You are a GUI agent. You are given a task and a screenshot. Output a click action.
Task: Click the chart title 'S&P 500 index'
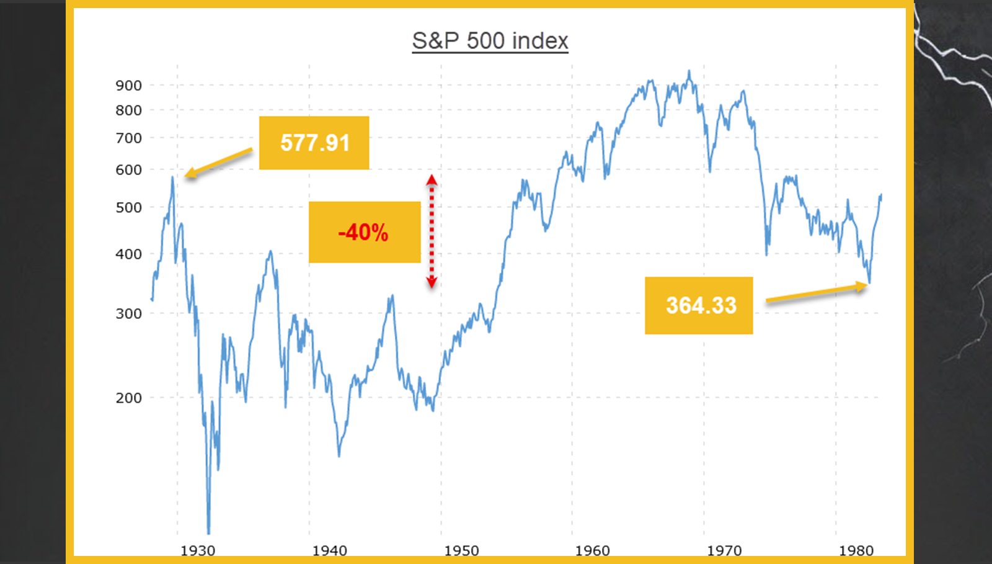(490, 41)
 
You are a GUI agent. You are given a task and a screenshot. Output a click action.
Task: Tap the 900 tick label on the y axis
(128, 86)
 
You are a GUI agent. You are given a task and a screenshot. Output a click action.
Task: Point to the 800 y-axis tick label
(128, 110)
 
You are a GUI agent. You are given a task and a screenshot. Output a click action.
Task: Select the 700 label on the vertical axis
(128, 138)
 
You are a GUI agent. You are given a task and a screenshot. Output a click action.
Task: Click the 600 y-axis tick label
(128, 170)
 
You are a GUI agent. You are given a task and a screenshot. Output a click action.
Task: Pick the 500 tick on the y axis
(128, 208)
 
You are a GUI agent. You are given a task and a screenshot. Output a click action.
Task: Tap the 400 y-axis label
(128, 254)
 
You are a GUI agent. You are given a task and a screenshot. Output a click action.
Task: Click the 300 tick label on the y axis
(128, 314)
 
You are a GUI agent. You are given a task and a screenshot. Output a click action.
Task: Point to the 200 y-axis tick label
(128, 398)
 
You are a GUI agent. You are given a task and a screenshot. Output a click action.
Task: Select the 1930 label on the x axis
(198, 550)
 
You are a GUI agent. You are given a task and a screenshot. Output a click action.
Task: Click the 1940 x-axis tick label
(330, 550)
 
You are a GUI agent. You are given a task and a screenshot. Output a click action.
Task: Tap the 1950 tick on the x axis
(461, 550)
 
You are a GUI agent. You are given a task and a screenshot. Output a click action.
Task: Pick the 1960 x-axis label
(593, 550)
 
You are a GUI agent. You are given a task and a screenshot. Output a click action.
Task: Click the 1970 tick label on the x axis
(724, 550)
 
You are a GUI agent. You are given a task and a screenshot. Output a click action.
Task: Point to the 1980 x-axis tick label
(856, 550)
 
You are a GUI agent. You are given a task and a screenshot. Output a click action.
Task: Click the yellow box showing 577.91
(314, 143)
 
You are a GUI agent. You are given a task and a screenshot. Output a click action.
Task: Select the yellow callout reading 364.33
(699, 305)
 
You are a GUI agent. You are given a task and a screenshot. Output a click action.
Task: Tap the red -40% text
(363, 233)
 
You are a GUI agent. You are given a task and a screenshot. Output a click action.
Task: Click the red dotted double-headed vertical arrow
(432, 231)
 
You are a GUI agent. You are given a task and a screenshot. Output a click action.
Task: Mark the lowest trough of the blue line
(208, 532)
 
